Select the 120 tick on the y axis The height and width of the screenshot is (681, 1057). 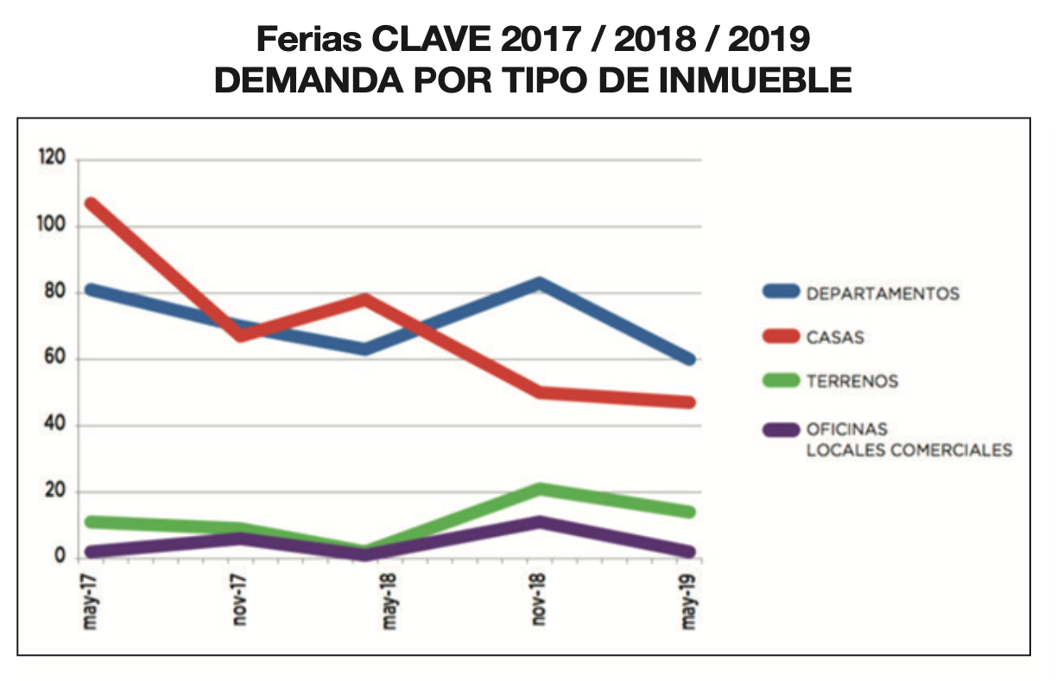point(51,159)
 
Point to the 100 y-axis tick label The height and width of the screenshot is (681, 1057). point(51,226)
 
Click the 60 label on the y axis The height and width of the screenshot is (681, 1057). point(55,359)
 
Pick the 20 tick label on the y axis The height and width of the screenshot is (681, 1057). point(55,491)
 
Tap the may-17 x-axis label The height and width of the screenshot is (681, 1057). point(88,601)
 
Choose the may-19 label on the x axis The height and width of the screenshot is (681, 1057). point(688,601)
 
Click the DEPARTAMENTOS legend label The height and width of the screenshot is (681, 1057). point(882,294)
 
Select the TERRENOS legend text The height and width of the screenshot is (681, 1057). point(851,381)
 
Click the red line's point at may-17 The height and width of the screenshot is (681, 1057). point(89,204)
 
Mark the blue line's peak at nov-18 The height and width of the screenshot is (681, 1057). point(539,283)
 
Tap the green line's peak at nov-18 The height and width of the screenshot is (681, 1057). point(539,489)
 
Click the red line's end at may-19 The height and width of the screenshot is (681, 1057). point(689,402)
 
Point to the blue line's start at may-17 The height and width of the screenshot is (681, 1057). point(89,290)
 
